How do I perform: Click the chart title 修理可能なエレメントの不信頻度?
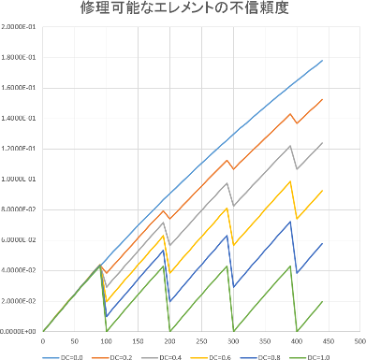183,12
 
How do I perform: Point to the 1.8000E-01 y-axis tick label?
19,59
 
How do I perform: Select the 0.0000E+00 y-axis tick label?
19,331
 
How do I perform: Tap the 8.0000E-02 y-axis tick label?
19,210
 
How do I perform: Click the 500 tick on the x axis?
360,340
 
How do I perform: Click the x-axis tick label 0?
43,340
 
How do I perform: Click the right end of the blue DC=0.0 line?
323,61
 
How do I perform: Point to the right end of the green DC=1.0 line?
323,301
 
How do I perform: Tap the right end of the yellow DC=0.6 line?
323,191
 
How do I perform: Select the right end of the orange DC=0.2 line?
323,99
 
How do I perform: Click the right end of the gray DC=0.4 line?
323,143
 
